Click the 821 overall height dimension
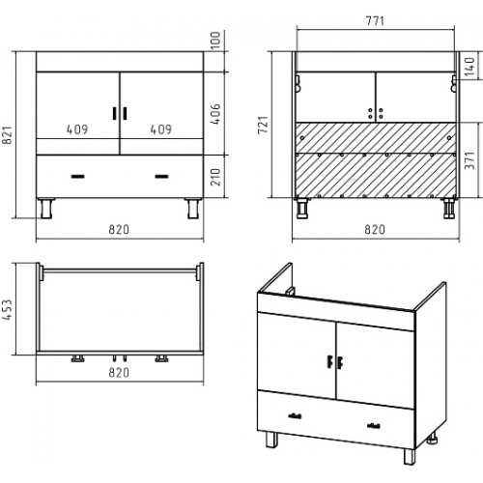coord(7,135)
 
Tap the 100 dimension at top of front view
coord(215,41)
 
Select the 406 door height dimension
coord(215,114)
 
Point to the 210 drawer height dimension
coord(215,177)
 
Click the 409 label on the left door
coord(77,129)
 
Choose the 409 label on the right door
coord(161,129)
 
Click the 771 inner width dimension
coord(375,21)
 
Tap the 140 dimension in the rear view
coord(469,67)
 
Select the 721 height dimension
coord(263,125)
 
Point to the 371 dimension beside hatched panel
coord(469,160)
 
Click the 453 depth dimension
coord(7,309)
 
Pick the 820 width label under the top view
coord(119,373)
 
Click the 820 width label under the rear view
coord(375,230)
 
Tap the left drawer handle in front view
coord(77,177)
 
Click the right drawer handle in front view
coord(161,177)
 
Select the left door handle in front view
coord(115,113)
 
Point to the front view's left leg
coord(46,209)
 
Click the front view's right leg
coord(193,209)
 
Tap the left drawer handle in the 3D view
coord(295,416)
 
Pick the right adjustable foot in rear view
coord(449,209)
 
